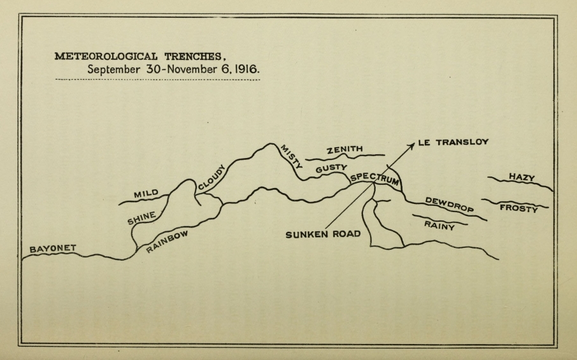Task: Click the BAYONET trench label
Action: [52, 248]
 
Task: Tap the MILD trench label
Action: [145, 193]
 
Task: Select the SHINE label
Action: [141, 219]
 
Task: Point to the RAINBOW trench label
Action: [167, 241]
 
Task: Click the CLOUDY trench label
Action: [211, 177]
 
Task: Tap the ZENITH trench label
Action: [345, 150]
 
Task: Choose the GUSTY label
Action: [331, 169]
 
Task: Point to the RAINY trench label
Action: [439, 224]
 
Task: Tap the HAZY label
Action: [521, 177]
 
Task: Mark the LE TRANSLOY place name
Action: [453, 142]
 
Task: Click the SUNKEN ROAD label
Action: [323, 234]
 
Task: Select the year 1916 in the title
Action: [246, 69]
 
